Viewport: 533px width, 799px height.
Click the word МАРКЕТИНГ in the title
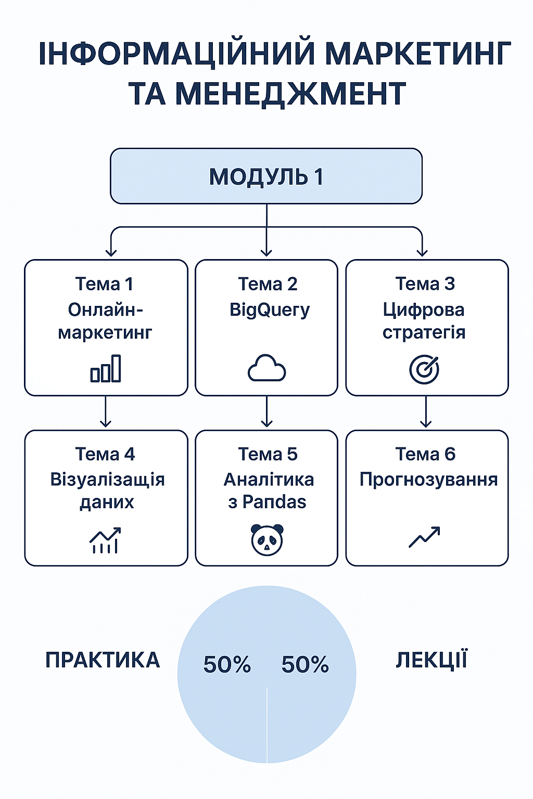tap(418, 54)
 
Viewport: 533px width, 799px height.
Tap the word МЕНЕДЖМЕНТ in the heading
tap(290, 94)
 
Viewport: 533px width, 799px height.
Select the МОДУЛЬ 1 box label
tap(266, 176)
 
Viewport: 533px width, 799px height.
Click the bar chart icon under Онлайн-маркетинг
tap(105, 368)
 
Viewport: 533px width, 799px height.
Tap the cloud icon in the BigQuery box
tap(266, 368)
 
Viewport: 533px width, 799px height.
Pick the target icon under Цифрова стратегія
tap(424, 369)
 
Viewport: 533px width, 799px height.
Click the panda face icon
tap(267, 539)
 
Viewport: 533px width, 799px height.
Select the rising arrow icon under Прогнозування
tap(424, 536)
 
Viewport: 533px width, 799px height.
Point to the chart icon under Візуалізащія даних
tap(105, 540)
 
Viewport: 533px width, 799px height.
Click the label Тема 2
tap(268, 284)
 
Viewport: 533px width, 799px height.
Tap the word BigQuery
tap(270, 310)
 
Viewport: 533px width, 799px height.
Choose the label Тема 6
tap(425, 454)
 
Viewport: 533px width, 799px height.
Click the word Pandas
tap(274, 502)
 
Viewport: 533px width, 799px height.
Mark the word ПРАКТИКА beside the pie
tap(103, 660)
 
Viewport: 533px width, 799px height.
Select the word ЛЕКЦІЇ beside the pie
tap(432, 660)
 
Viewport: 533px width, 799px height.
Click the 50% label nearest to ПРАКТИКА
tap(227, 664)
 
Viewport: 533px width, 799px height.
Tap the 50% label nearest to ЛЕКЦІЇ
tap(305, 664)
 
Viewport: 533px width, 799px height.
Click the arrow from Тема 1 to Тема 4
tap(105, 411)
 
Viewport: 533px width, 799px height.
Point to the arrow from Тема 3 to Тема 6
tap(426, 411)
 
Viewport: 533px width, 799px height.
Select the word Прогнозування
tap(428, 480)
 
